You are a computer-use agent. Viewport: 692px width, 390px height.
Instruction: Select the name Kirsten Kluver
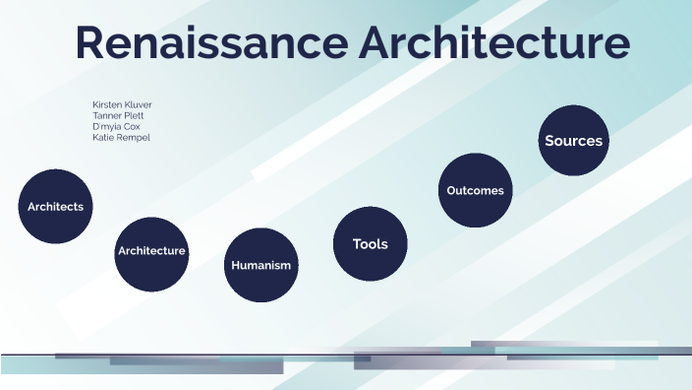(122, 104)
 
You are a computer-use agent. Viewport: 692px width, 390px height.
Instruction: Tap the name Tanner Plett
(118, 115)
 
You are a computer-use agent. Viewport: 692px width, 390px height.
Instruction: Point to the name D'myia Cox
(116, 126)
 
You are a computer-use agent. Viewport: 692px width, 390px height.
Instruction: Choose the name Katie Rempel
(121, 137)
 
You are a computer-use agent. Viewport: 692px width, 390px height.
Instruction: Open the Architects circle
(55, 207)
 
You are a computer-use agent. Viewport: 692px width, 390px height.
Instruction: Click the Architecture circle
(151, 251)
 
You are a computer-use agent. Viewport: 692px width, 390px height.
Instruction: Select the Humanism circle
(260, 265)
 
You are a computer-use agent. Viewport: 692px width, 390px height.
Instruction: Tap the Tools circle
(370, 243)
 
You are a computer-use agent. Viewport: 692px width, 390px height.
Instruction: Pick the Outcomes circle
(475, 191)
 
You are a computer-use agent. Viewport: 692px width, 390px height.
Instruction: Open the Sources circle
(573, 141)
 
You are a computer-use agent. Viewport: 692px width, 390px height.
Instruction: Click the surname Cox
(132, 126)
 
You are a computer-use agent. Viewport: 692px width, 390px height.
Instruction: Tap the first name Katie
(103, 137)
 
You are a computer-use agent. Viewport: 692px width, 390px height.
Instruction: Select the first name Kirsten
(107, 104)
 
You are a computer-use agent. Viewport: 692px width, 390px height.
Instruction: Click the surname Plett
(134, 115)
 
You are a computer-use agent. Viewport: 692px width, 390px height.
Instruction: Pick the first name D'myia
(107, 126)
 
